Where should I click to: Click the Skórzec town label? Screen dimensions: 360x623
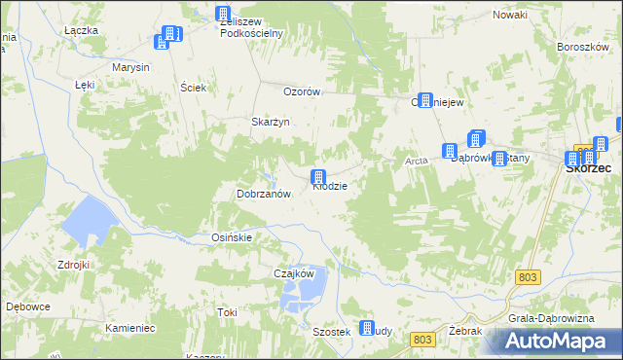[x=588, y=167]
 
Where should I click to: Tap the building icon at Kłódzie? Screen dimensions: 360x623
[x=318, y=177]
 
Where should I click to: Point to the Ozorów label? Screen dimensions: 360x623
[x=302, y=91]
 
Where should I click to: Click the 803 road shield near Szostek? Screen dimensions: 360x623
[x=421, y=339]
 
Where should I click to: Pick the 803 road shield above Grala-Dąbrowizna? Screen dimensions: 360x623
[x=527, y=278]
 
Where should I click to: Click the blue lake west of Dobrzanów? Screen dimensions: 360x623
[x=88, y=220]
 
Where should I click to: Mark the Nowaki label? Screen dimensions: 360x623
[x=509, y=15]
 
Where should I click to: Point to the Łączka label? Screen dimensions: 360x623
[x=81, y=30]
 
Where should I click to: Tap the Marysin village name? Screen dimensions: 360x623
[x=130, y=67]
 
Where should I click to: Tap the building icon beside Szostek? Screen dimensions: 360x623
[x=367, y=329]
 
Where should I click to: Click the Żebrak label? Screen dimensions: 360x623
[x=467, y=331]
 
